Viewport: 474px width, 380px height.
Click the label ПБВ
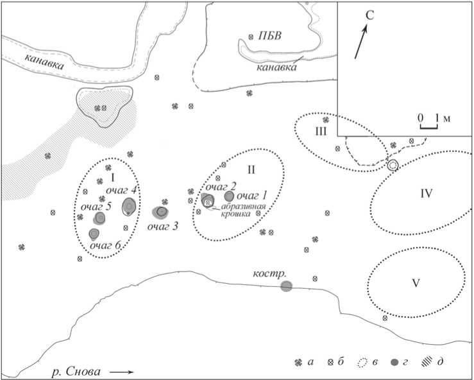(x=270, y=35)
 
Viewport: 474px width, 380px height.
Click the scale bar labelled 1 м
(x=428, y=125)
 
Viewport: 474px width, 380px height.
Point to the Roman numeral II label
(x=251, y=169)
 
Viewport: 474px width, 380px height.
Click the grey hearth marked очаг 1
(x=229, y=196)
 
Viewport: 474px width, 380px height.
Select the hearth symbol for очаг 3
(x=162, y=211)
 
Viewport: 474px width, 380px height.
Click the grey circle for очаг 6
(x=94, y=233)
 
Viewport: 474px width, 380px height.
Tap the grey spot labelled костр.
(x=286, y=286)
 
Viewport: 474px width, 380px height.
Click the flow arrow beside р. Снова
(x=123, y=372)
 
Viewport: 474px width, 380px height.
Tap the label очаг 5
(x=96, y=207)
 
